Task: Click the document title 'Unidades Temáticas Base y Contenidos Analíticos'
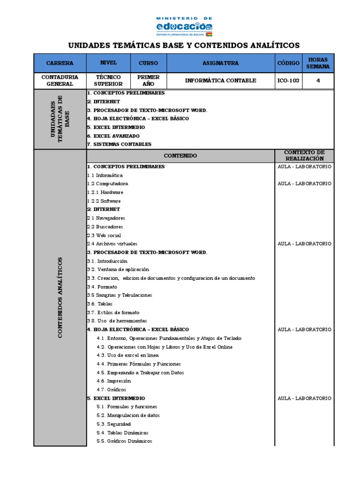tap(184, 45)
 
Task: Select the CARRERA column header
tap(60, 63)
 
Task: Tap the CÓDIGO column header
tap(288, 63)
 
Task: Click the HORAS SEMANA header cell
tap(318, 63)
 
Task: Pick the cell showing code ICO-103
tap(288, 81)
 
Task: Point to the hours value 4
tap(318, 81)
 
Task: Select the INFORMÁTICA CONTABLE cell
tap(220, 81)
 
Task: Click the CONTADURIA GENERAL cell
tap(60, 81)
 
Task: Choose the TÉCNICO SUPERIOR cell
tap(108, 81)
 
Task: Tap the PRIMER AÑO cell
tap(148, 81)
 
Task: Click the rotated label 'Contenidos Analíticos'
tap(60, 298)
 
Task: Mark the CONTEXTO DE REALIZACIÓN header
tap(304, 156)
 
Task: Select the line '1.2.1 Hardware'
tap(105, 192)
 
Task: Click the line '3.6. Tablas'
tap(100, 304)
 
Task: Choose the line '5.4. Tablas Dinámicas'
tap(122, 433)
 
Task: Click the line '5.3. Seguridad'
tap(114, 424)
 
